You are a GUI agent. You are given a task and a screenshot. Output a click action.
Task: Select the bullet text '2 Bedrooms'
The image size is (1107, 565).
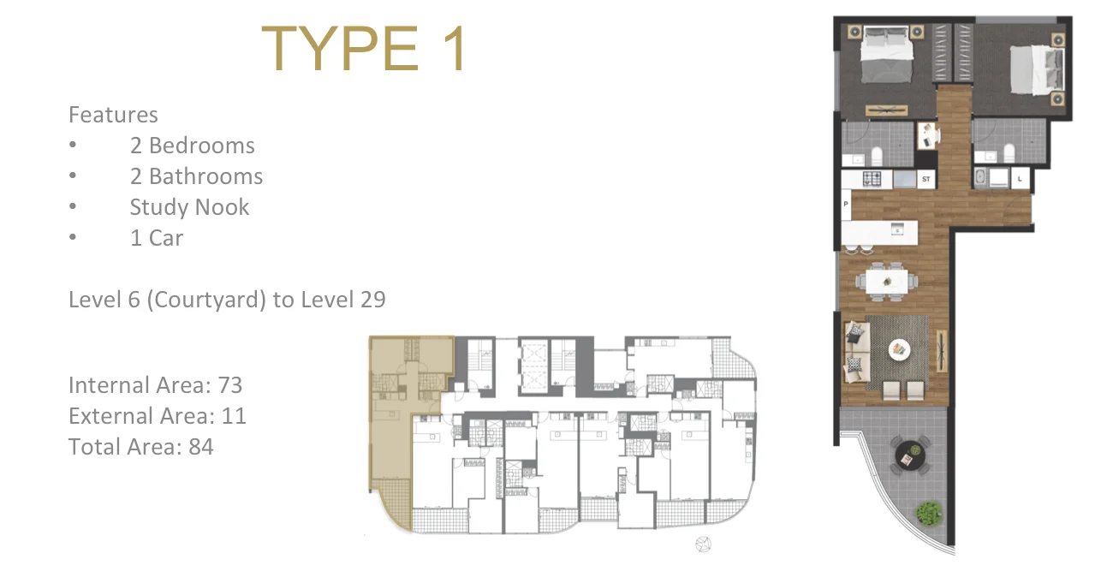tap(192, 146)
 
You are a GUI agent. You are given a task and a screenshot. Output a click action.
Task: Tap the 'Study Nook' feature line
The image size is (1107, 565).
tap(189, 207)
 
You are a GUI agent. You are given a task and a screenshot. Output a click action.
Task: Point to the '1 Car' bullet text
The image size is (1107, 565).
tap(156, 238)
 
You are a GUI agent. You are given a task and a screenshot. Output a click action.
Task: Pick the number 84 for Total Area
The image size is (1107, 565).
tap(201, 447)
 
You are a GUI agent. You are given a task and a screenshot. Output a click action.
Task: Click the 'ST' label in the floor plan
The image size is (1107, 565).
tap(925, 180)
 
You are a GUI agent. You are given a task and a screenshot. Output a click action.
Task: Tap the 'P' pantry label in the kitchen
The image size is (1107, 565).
tap(846, 205)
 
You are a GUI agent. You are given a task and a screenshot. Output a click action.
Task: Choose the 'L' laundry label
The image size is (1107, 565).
tap(1021, 179)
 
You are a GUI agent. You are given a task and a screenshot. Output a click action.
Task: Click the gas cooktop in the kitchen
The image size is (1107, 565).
tap(872, 179)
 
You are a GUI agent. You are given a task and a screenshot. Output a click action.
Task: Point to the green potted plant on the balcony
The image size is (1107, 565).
tap(926, 513)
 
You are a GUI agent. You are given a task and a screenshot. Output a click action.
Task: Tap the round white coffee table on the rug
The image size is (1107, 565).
tap(898, 348)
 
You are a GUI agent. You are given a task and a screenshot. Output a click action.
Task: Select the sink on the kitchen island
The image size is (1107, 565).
tap(896, 229)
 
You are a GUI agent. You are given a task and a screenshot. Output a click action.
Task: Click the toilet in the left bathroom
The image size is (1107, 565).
tap(876, 156)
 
